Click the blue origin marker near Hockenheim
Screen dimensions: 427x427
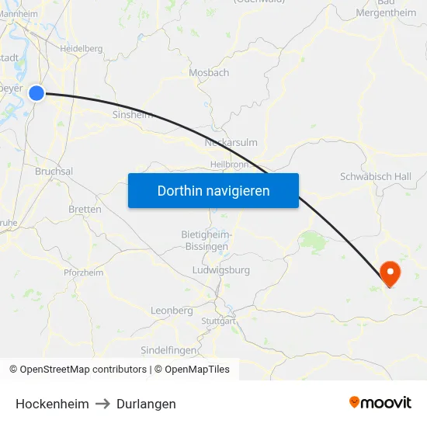pos(36,93)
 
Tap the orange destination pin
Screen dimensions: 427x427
pos(389,273)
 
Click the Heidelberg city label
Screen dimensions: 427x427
pos(82,48)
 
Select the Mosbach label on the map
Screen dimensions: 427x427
pos(209,73)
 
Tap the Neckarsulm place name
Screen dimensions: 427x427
pos(231,143)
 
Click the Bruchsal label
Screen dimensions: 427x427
pos(54,172)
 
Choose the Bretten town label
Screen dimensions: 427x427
pos(85,210)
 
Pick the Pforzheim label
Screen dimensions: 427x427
pos(83,273)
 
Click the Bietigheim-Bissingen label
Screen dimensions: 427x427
pos(204,240)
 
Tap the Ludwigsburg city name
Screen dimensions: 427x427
pos(220,270)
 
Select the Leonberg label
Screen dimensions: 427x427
pos(172,311)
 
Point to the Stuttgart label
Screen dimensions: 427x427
pos(217,321)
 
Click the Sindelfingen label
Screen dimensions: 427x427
pos(168,350)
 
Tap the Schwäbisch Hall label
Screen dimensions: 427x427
pos(376,177)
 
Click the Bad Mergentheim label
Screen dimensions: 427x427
pos(386,8)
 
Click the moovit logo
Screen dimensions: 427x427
pos(380,402)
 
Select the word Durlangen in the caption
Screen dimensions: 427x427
pos(146,404)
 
